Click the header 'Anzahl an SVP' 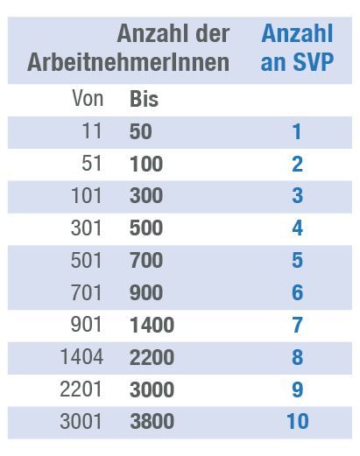297,48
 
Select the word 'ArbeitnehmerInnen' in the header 128,63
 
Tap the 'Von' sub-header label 87,99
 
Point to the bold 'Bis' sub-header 144,99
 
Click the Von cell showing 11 91,131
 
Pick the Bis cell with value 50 140,131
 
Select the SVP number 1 297,131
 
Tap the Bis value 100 145,164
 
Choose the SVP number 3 297,196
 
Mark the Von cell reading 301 86,228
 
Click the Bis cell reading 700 145,261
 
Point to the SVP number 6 297,293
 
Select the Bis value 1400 152,326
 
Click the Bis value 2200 152,357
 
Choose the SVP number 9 297,389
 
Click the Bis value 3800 152,422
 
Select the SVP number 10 297,422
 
